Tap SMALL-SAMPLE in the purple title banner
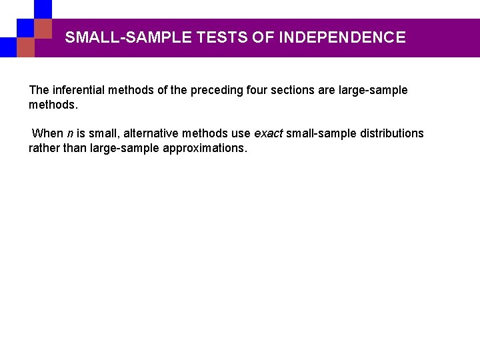click(x=129, y=37)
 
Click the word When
click(x=47, y=133)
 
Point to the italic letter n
click(x=70, y=134)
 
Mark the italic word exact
click(x=269, y=133)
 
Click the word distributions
click(x=392, y=133)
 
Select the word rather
click(x=43, y=148)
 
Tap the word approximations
click(x=205, y=148)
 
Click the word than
click(x=75, y=148)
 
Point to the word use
click(x=241, y=133)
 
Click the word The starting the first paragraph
click(x=39, y=90)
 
